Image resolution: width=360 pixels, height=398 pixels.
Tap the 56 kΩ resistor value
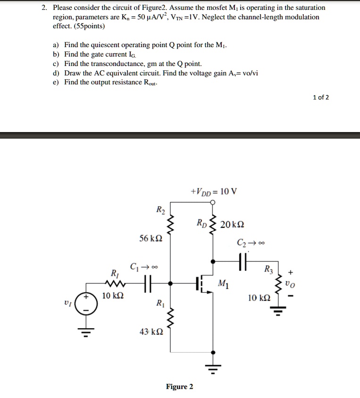click(x=151, y=239)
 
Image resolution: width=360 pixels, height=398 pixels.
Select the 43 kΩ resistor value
click(x=151, y=332)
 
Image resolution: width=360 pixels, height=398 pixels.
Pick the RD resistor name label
click(x=202, y=223)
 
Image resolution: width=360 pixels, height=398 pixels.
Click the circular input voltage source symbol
click(x=87, y=304)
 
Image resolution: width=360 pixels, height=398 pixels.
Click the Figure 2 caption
click(x=179, y=387)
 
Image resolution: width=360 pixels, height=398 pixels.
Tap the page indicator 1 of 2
click(x=321, y=98)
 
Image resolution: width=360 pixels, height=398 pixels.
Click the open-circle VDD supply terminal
click(x=213, y=203)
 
